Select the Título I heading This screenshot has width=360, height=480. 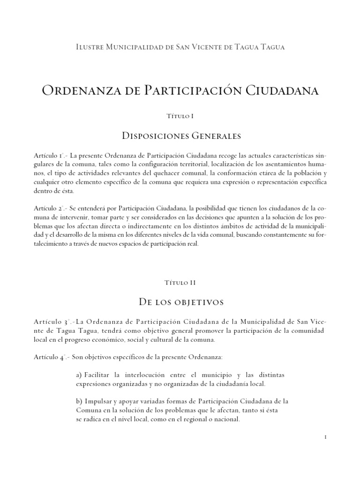coord(180,115)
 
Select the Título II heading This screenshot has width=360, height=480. coord(180,283)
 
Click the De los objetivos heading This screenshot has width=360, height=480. coord(180,303)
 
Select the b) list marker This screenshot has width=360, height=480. coord(79,402)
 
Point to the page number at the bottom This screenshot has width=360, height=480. coord(325,437)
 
